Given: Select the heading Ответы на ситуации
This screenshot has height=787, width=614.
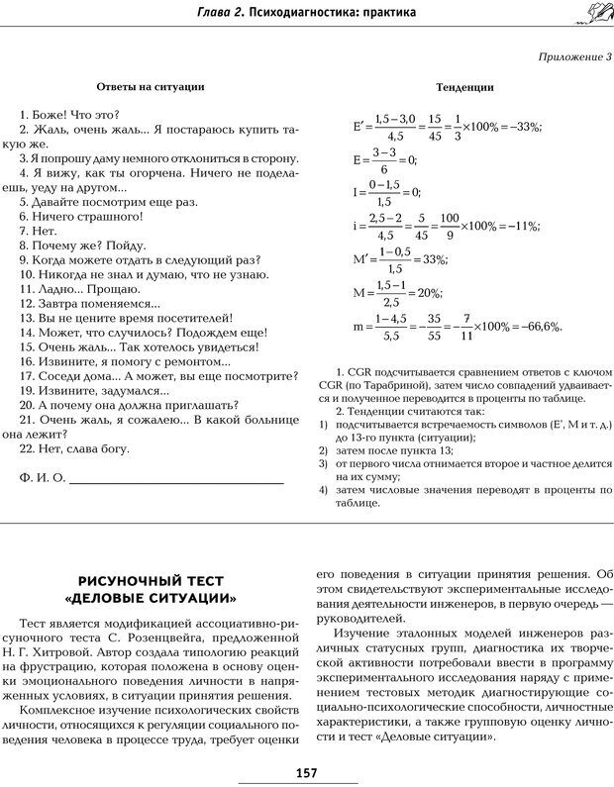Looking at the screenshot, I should pos(152,86).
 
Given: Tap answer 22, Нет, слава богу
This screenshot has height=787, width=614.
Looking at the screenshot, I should pos(82,448).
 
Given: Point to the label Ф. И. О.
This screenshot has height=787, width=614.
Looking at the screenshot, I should pos(42,478).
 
